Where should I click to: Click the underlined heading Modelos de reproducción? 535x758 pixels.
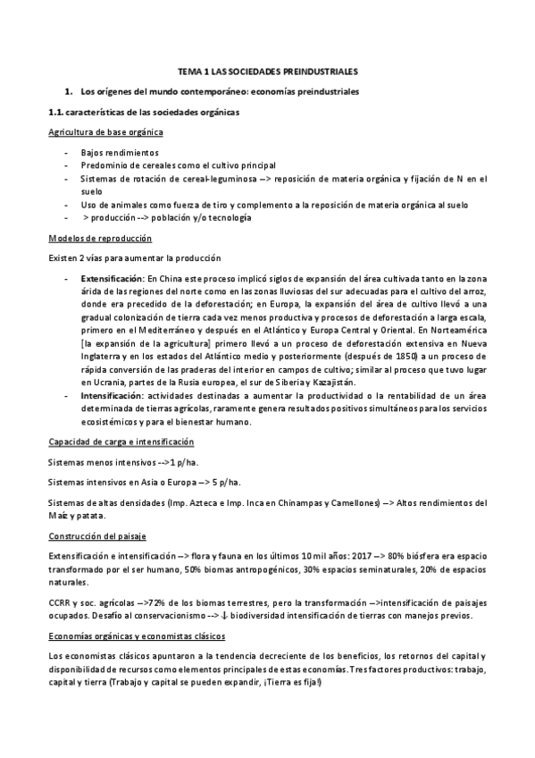pyautogui.click(x=100, y=239)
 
